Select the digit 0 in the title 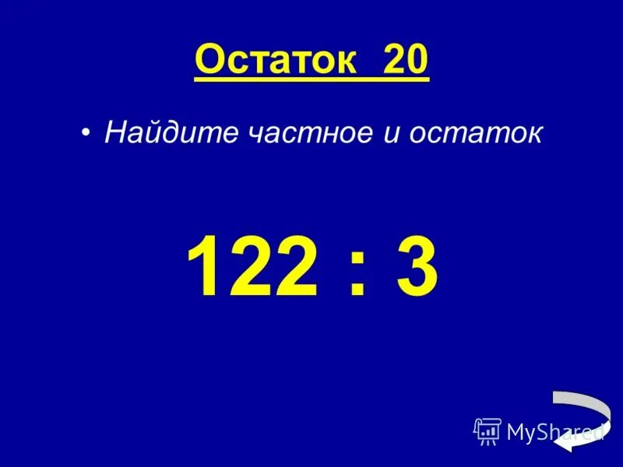point(415,60)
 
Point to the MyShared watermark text point(554,431)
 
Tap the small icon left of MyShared point(487,430)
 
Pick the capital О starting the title point(209,60)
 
